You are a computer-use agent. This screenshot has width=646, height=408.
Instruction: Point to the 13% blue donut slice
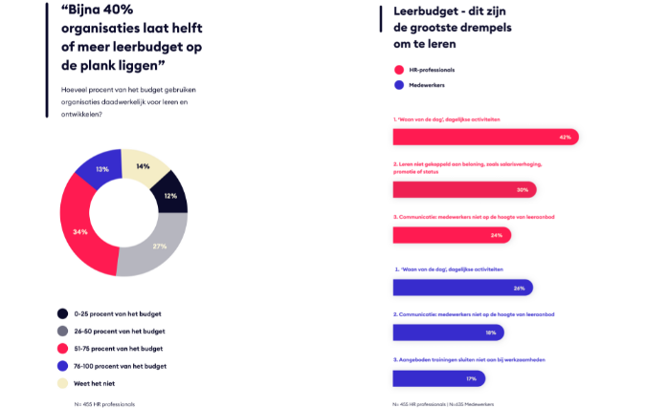click(100, 170)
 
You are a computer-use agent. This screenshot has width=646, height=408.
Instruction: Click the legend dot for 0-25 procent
click(62, 313)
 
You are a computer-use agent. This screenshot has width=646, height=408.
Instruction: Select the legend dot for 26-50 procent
click(62, 331)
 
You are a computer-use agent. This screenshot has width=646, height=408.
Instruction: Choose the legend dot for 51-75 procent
click(62, 348)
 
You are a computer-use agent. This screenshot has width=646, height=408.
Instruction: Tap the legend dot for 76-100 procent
click(62, 366)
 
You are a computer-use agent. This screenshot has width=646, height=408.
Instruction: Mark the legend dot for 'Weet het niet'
click(62, 383)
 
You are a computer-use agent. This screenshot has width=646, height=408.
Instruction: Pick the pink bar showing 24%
click(451, 234)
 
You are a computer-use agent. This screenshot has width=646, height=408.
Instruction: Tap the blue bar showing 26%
click(462, 288)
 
